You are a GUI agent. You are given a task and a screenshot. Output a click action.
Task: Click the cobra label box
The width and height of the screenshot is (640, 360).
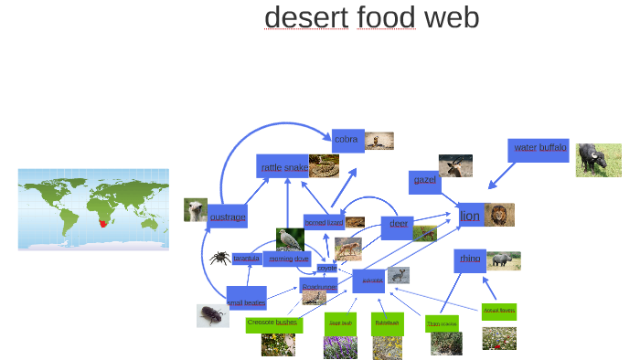[x=347, y=140]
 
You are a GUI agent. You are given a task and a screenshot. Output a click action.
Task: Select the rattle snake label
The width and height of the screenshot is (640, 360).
[x=283, y=167]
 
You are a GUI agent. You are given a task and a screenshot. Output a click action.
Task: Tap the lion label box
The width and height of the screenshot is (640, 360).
[x=470, y=216]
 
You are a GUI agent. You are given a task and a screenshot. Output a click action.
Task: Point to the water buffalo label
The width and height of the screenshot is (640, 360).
[x=539, y=148]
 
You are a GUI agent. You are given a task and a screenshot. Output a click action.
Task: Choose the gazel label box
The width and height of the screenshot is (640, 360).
[x=425, y=180]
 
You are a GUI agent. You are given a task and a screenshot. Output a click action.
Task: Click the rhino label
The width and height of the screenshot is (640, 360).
[x=470, y=259]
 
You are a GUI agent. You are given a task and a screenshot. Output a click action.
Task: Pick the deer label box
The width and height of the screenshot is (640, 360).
[x=399, y=224]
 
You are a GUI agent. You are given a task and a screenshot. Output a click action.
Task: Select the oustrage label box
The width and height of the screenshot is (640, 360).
[x=228, y=217]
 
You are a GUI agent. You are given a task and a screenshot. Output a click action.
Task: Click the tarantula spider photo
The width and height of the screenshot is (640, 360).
[x=219, y=259]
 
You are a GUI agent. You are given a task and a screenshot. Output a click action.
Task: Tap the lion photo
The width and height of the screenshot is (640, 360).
[x=499, y=215]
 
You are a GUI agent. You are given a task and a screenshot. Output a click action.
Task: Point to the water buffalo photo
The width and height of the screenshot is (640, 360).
[x=598, y=159]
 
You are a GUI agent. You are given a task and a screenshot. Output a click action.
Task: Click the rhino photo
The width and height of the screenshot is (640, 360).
[x=504, y=260]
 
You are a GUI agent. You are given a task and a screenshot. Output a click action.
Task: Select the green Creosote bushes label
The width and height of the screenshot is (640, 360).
[x=272, y=323]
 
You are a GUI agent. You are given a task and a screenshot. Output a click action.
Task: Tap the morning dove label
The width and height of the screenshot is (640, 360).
[x=289, y=259]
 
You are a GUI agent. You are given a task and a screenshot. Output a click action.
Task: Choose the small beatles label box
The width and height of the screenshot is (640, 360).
[x=246, y=302]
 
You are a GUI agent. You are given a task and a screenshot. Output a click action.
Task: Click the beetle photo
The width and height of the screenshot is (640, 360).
[x=212, y=316]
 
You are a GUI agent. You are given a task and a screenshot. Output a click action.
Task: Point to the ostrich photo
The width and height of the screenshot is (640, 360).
[x=196, y=210]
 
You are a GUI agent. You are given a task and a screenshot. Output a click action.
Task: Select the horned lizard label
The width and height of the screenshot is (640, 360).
[x=324, y=223]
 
